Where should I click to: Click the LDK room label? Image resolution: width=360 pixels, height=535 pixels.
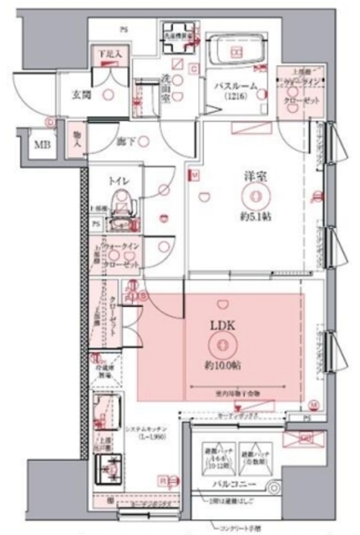pyautogui.click(x=221, y=327)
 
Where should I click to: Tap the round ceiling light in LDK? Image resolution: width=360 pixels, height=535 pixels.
pyautogui.click(x=221, y=344)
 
